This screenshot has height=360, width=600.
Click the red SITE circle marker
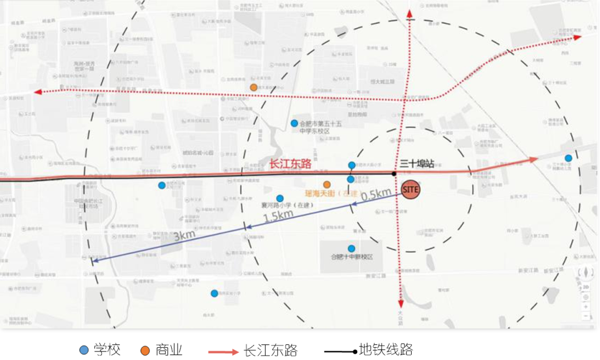(410, 189)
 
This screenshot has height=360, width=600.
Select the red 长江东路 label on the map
(289, 164)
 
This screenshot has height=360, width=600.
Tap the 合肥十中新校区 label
(351, 257)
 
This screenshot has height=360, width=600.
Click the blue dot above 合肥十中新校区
(351, 248)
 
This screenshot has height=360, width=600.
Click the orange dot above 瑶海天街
(327, 184)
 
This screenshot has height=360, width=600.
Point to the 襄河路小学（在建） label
(287, 205)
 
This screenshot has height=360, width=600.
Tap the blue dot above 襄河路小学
(280, 198)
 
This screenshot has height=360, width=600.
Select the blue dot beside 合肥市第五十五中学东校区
(294, 123)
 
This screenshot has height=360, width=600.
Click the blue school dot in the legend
(84, 350)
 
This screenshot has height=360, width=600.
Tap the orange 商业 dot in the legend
(145, 350)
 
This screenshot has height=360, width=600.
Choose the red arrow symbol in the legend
(223, 351)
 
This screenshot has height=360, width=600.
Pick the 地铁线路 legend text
(386, 349)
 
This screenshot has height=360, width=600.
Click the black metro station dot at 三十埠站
(394, 173)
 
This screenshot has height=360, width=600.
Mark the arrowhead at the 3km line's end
(94, 260)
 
